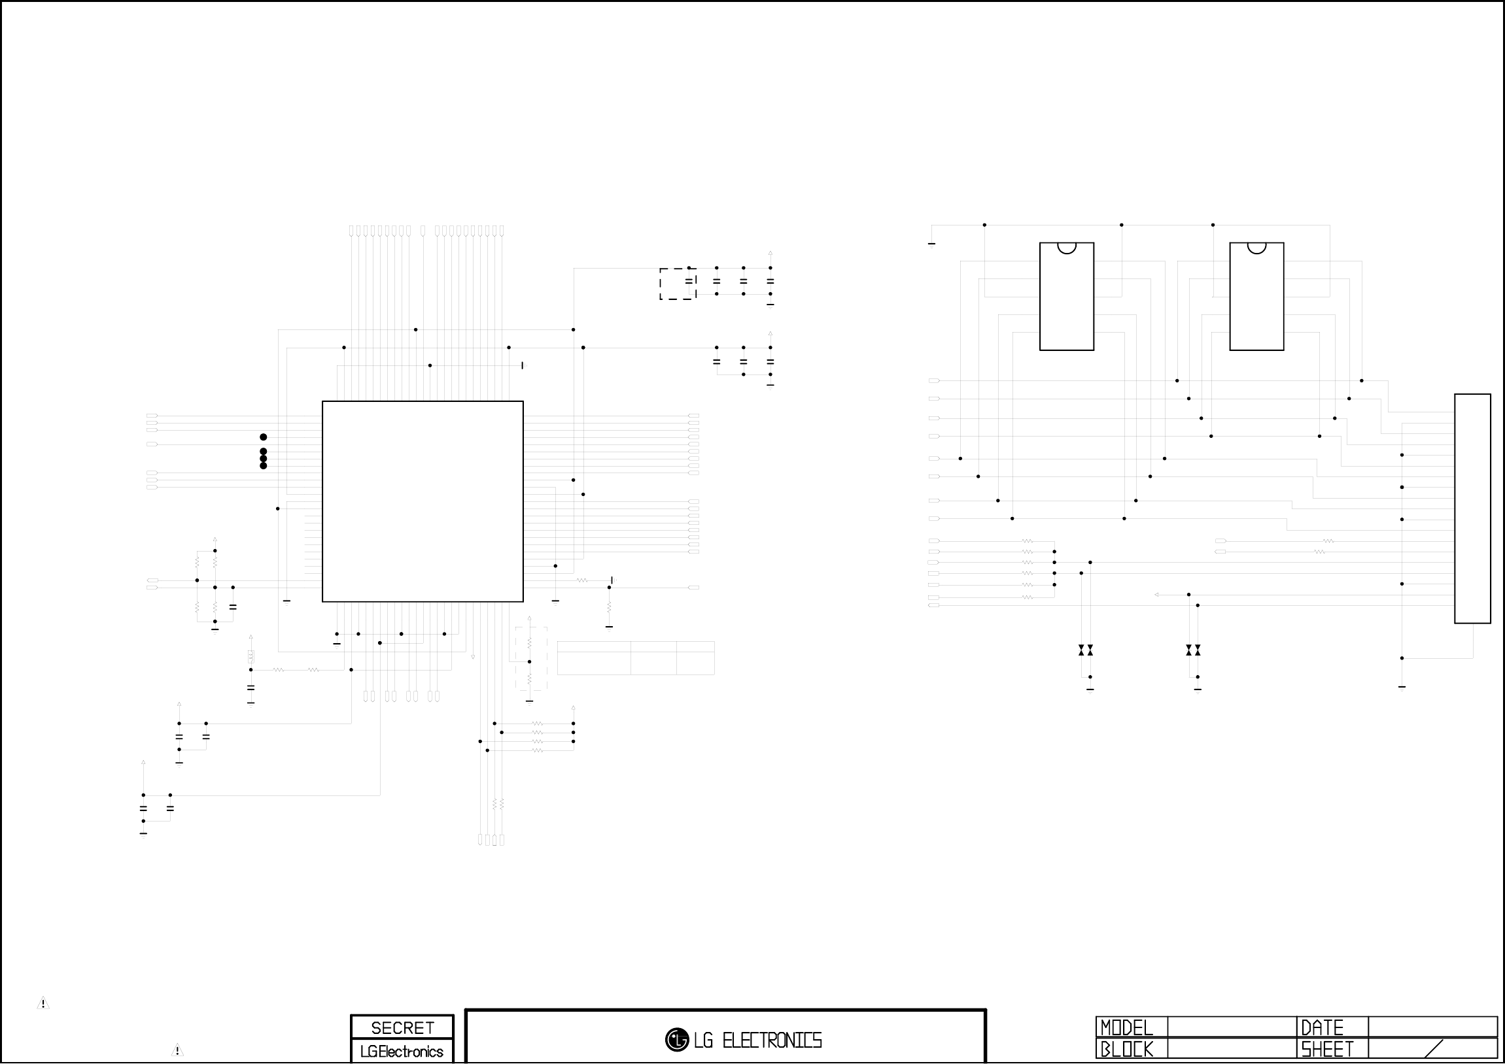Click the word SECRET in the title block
(x=402, y=1027)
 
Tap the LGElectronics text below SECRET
(x=402, y=1052)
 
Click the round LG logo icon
(x=676, y=1040)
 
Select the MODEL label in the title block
(x=1126, y=1027)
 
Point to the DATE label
(x=1322, y=1027)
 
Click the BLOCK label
(x=1126, y=1050)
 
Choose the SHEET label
(x=1326, y=1050)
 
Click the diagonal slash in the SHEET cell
(x=1434, y=1049)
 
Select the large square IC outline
(x=422, y=501)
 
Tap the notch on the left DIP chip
(x=1067, y=247)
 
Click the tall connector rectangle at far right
(x=1472, y=508)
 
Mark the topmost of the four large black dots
(x=264, y=437)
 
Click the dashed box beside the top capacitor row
(x=677, y=284)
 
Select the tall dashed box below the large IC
(x=530, y=658)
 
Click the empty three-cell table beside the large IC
(x=635, y=657)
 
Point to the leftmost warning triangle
(x=43, y=1003)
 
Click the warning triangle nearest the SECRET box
(x=177, y=1050)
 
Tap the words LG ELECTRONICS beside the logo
(x=757, y=1040)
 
